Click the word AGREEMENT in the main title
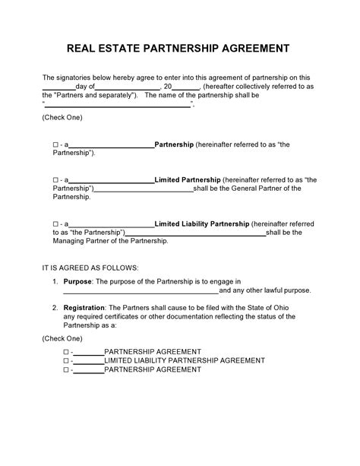click(254, 49)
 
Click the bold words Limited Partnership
click(188, 180)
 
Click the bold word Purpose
click(77, 281)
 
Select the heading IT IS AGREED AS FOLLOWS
click(90, 268)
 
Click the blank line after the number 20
click(186, 88)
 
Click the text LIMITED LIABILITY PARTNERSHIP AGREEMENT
click(184, 360)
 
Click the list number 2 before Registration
click(55, 308)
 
